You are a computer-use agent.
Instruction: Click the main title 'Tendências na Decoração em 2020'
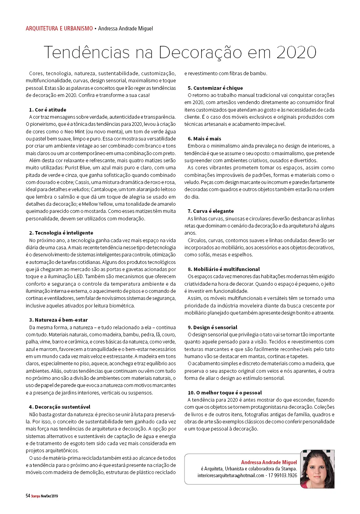tap(180, 52)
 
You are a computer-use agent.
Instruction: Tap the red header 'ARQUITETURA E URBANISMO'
tap(59, 28)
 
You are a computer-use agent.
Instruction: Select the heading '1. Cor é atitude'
tap(48, 110)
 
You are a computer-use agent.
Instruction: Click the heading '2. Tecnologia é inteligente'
tap(61, 233)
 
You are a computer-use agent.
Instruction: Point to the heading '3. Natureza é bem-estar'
tap(58, 320)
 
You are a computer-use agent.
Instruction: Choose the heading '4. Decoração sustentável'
tap(59, 407)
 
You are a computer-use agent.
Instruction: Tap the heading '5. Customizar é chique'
tap(215, 88)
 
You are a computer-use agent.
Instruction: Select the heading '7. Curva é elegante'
tap(211, 211)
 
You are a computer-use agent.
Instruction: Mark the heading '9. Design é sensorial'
tap(212, 327)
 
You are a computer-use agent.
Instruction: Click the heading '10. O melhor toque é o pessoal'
tap(225, 393)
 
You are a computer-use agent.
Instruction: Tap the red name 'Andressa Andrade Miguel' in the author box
tap(269, 462)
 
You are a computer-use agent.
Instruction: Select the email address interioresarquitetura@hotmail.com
tap(231, 475)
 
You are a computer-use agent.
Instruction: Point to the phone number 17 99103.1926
tap(282, 475)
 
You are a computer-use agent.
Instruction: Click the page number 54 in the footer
tap(28, 495)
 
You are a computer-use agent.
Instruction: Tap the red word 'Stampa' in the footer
tap(36, 496)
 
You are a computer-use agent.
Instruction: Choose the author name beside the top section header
tap(125, 28)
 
